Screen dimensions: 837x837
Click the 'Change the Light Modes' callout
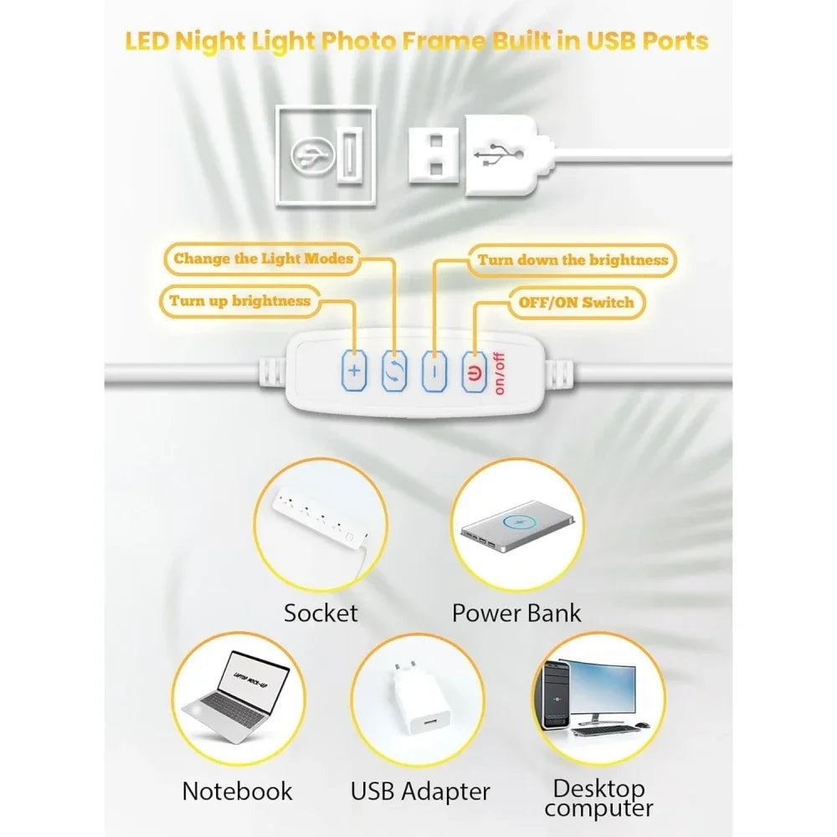264,259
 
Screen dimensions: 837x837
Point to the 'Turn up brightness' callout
239,300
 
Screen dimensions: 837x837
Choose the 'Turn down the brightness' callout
573,260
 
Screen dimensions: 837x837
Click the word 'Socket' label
321,613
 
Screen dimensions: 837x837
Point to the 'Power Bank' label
516,613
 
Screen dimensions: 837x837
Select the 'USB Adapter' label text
420,790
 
